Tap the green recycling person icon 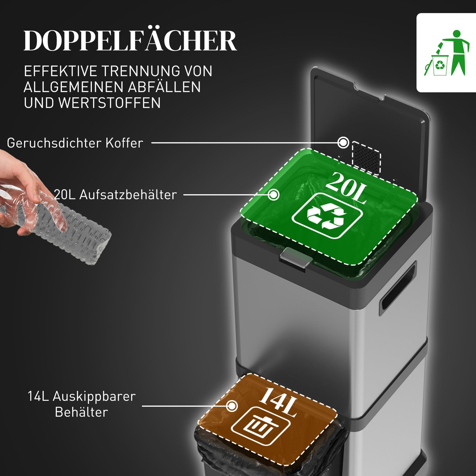(x=446, y=53)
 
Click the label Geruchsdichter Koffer (x=75, y=143)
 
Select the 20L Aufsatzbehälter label (x=115, y=195)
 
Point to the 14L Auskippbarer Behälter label (x=82, y=404)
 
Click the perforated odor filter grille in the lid (x=366, y=158)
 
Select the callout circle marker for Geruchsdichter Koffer (x=343, y=143)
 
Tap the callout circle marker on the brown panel (x=232, y=406)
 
